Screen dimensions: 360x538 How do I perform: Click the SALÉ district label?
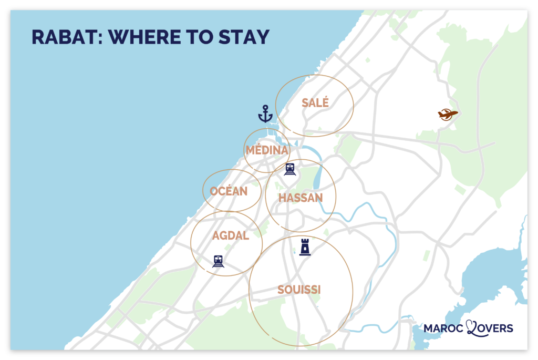[x=315, y=103]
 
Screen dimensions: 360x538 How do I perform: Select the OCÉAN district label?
[x=229, y=191]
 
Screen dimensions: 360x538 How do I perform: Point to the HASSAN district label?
[x=301, y=198]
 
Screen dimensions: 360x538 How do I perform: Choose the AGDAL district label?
[x=230, y=235]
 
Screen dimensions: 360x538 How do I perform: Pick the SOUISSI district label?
[x=299, y=290]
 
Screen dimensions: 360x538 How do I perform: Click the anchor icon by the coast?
[x=265, y=114]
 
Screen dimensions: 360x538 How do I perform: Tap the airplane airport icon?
[x=447, y=114]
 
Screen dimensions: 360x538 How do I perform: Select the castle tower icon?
[x=304, y=246]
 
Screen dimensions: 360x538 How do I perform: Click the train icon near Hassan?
[x=290, y=169]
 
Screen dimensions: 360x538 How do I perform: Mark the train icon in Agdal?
[x=218, y=261]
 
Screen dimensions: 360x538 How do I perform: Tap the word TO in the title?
[x=198, y=38]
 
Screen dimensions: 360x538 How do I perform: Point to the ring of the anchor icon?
[x=265, y=107]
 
